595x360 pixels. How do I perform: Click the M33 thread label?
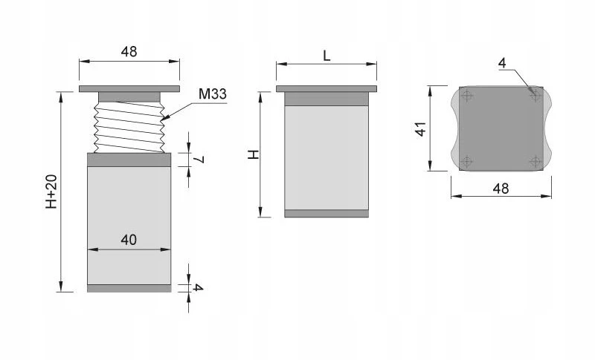[x=213, y=94]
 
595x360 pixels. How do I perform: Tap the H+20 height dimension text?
[x=51, y=192]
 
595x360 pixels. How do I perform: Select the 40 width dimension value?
[x=129, y=240]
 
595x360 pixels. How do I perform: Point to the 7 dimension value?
[x=199, y=160]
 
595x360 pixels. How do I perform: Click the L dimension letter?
[x=327, y=56]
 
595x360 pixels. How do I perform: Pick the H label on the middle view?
[x=253, y=154]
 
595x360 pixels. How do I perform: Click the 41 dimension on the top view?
[x=421, y=128]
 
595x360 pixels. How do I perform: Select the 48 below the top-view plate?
[x=501, y=188]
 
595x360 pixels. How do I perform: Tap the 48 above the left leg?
[x=129, y=51]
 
